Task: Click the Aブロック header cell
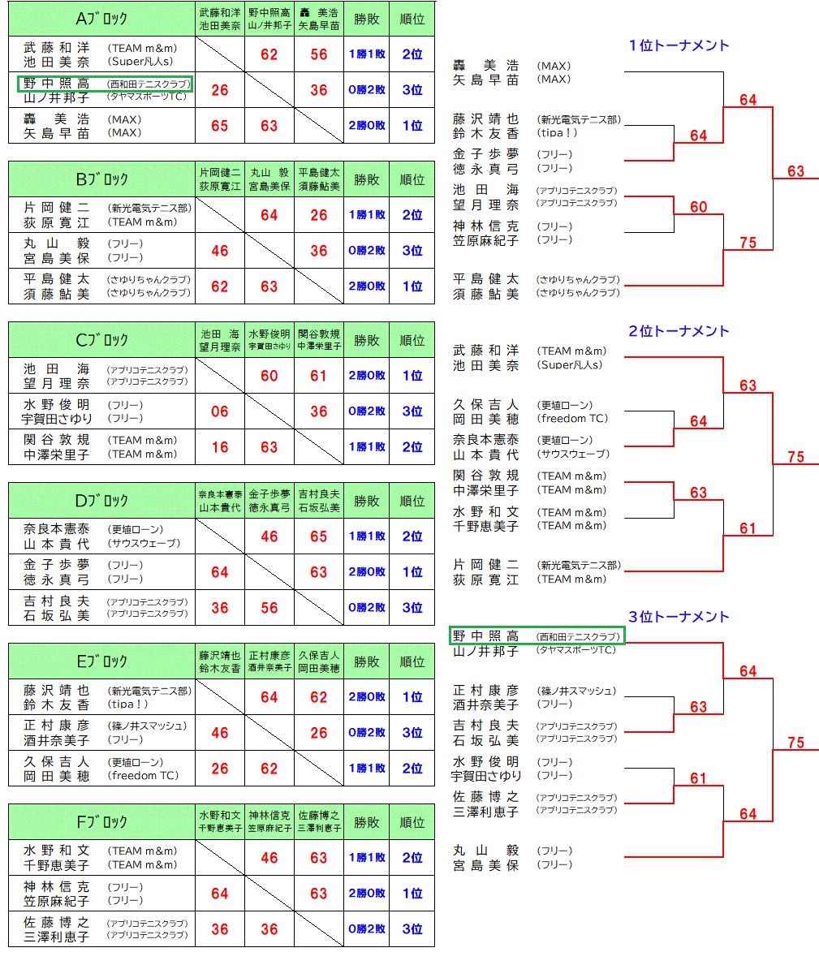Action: click(101, 18)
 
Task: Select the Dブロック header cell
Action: click(101, 500)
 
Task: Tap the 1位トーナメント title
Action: click(679, 45)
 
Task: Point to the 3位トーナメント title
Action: click(679, 617)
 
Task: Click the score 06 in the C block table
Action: click(220, 411)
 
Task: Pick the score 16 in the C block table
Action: click(220, 447)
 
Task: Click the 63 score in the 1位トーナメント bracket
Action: click(795, 171)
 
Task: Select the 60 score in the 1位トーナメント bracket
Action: click(698, 207)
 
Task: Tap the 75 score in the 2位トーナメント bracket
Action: click(795, 457)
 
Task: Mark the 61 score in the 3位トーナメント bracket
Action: click(698, 778)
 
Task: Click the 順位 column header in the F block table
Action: click(412, 822)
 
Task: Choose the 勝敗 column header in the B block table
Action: click(366, 179)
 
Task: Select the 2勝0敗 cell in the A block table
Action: click(366, 126)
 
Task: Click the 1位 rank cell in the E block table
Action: click(412, 697)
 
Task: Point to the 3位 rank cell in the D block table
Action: click(412, 608)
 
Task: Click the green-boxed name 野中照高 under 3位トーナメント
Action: click(485, 636)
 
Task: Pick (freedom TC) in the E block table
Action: click(143, 775)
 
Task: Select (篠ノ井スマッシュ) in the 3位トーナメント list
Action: click(575, 691)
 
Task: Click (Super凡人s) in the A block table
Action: click(139, 61)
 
